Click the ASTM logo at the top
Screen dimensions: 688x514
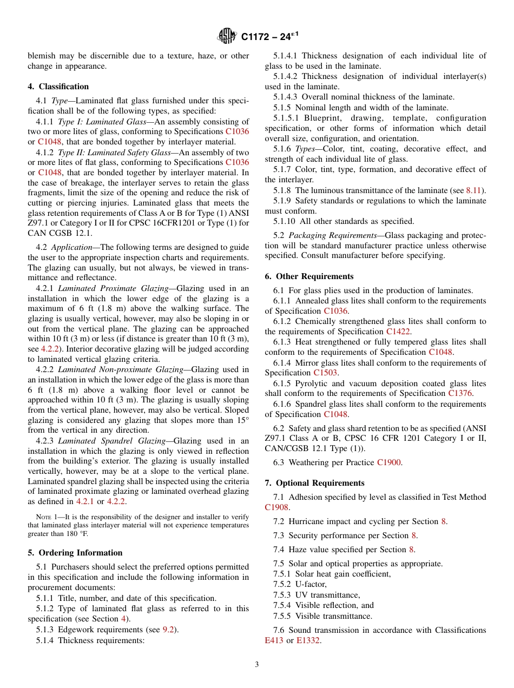point(227,36)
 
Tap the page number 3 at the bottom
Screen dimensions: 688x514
point(257,665)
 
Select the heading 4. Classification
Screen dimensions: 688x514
point(58,87)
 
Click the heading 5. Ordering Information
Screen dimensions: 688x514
point(75,553)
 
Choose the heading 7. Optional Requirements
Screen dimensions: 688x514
point(314,483)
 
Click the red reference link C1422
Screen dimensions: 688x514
point(399,332)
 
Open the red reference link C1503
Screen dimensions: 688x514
point(326,373)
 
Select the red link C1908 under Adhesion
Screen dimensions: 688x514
point(277,507)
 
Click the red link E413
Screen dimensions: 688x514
point(274,640)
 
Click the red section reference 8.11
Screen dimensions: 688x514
point(475,190)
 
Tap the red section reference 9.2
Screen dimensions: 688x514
point(170,629)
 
